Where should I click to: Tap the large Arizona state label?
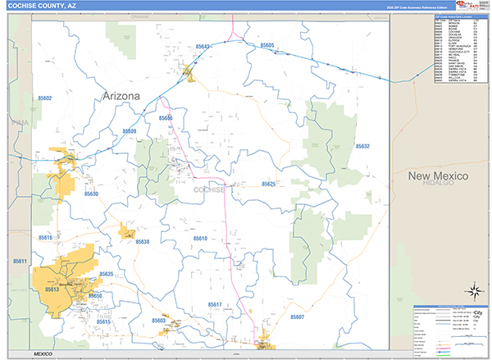[x=121, y=96]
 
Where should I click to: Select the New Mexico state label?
[x=439, y=176]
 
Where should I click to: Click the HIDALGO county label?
[x=439, y=185]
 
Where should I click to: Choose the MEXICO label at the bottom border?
[x=38, y=353]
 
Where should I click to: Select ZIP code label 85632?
[x=362, y=146]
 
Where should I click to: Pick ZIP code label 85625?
[x=266, y=185]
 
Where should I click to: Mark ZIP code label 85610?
[x=200, y=238]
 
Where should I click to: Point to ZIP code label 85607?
[x=297, y=316]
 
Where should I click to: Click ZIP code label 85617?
[x=215, y=304]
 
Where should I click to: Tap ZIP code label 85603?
[x=158, y=321]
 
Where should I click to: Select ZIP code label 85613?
[x=52, y=289]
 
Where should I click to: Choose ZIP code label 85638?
[x=143, y=242]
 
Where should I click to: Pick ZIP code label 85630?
[x=90, y=194]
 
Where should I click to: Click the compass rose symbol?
[x=474, y=290]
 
